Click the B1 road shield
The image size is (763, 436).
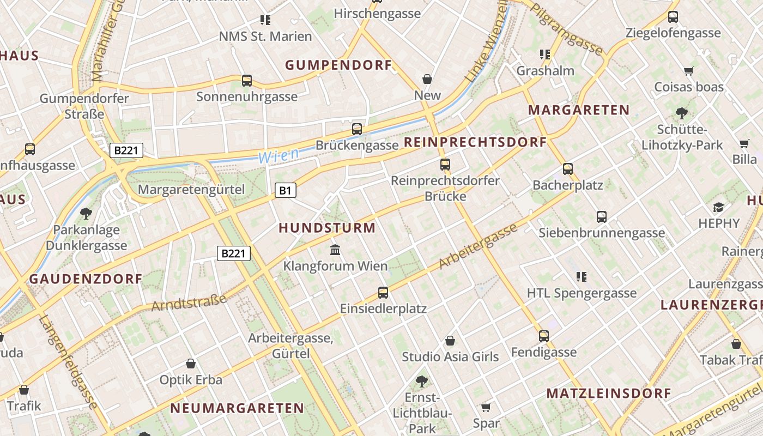click(x=286, y=190)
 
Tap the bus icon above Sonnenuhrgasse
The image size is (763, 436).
click(x=247, y=81)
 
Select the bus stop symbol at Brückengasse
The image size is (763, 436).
click(x=357, y=129)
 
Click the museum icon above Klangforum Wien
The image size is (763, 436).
click(x=336, y=250)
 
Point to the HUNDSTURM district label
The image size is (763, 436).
click(x=327, y=228)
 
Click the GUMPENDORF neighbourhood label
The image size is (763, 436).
click(x=338, y=65)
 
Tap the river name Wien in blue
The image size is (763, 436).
click(x=278, y=156)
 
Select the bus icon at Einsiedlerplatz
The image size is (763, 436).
click(x=383, y=293)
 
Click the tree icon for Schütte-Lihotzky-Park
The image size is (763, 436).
click(x=681, y=113)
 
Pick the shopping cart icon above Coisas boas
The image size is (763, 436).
click(x=689, y=71)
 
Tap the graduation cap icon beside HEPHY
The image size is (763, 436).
click(x=718, y=207)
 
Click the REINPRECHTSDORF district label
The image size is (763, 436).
click(x=475, y=143)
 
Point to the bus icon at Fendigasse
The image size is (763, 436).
click(x=543, y=336)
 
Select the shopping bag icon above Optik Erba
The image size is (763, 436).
click(x=191, y=364)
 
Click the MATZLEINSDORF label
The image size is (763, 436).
click(x=609, y=393)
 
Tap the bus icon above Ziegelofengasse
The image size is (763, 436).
click(x=673, y=17)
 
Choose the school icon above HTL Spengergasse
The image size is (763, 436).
click(x=582, y=277)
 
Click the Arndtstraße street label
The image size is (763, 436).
click(x=189, y=302)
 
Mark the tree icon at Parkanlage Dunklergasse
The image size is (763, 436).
click(x=86, y=213)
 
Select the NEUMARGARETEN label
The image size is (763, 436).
click(x=237, y=408)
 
